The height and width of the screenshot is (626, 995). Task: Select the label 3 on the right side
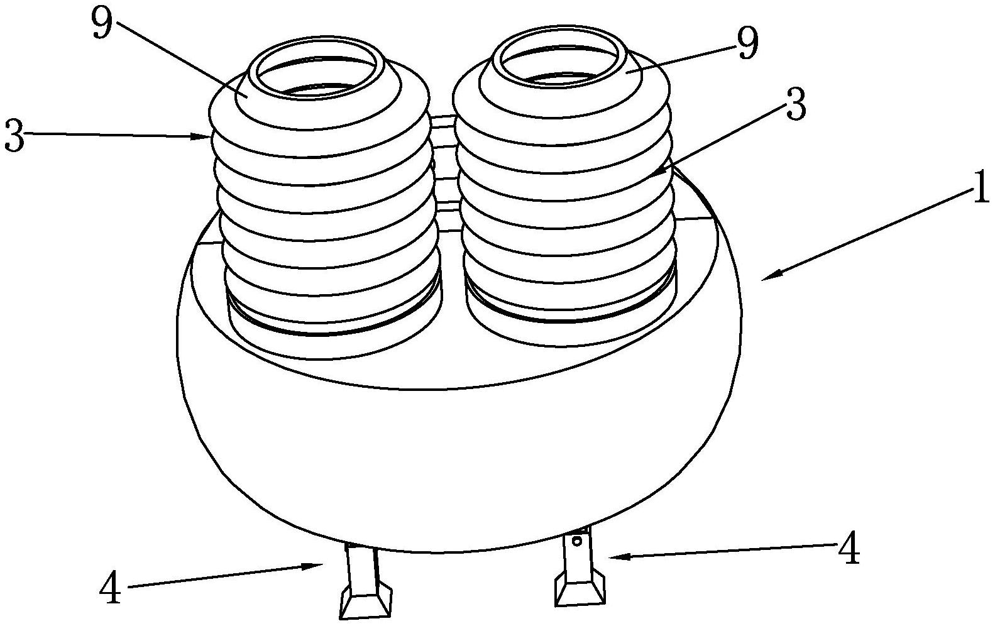796,105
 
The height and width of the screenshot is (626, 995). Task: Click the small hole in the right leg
577,541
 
